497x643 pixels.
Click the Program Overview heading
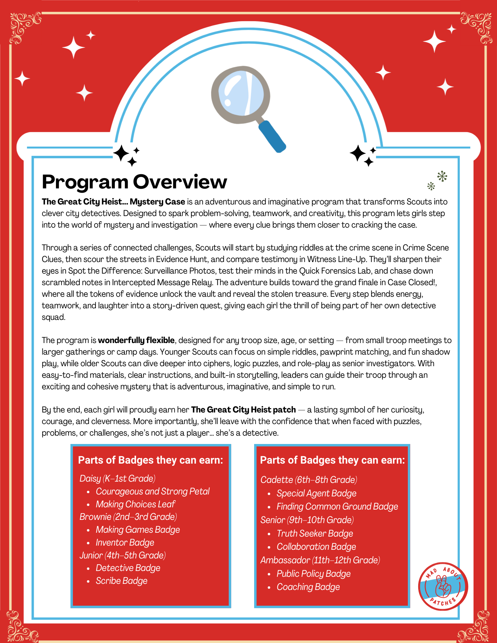click(134, 182)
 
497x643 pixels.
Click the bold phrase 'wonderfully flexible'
click(136, 340)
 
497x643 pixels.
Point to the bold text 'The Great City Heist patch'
click(243, 410)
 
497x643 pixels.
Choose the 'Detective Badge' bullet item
click(128, 568)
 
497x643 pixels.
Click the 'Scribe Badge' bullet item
click(121, 581)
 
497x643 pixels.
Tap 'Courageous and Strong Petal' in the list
click(152, 491)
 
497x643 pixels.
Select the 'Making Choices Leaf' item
click(135, 504)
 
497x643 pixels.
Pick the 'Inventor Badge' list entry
click(125, 543)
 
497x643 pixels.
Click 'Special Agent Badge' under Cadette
click(316, 493)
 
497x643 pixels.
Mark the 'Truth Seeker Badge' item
click(315, 533)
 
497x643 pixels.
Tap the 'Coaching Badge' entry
click(308, 587)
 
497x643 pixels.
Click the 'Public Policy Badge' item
click(313, 574)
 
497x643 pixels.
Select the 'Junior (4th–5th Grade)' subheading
click(123, 555)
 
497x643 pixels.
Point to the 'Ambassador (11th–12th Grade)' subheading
click(320, 560)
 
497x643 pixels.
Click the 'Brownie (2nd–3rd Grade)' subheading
click(128, 517)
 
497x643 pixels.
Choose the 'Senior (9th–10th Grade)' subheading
click(307, 520)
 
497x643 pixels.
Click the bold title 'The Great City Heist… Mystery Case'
click(113, 202)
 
